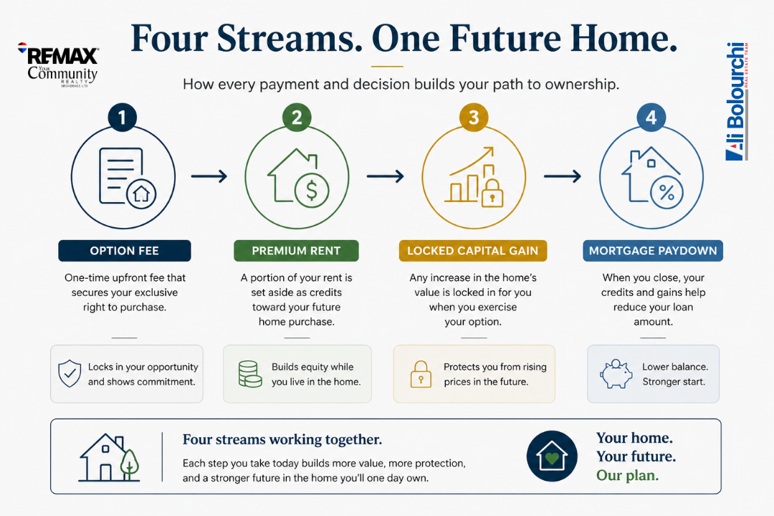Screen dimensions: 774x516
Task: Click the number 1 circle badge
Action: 122,118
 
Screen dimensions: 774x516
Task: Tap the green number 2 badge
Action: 297,118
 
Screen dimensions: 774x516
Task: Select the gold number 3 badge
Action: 474,118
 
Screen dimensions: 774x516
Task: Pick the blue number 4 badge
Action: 651,118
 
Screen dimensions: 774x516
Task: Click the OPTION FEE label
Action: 125,250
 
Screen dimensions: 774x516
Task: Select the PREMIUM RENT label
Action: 296,250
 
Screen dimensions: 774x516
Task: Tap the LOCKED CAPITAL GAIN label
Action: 473,250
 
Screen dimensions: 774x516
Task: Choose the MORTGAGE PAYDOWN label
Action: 653,250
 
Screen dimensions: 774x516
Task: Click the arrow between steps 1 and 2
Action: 209,176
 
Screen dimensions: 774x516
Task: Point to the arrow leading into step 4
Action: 563,176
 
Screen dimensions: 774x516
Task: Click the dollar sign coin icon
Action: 312,191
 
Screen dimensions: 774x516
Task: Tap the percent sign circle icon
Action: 666,193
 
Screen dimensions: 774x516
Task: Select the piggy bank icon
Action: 616,374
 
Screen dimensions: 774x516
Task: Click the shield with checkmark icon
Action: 70,373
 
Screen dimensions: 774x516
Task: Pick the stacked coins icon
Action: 250,374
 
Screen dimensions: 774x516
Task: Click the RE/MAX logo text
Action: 62,56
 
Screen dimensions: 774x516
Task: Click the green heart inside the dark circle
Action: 552,458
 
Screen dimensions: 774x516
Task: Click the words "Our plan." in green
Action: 627,475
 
